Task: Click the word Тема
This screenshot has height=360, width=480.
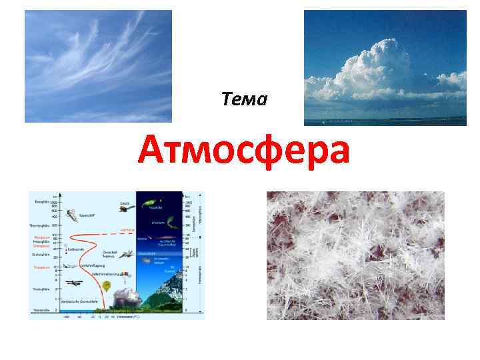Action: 245,100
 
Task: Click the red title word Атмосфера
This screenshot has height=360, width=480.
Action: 244,151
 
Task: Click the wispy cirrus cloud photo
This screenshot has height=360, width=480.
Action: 98,66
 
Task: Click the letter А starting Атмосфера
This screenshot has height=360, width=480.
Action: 153,151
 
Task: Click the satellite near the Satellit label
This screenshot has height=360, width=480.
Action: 125,209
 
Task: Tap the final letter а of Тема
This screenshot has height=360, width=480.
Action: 263,101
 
